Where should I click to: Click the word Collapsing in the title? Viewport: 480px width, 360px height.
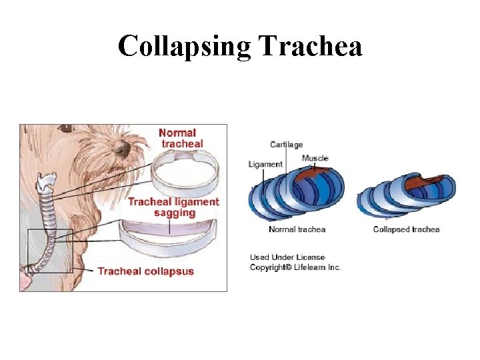pyautogui.click(x=185, y=47)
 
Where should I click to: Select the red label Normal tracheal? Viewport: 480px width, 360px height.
pyautogui.click(x=181, y=138)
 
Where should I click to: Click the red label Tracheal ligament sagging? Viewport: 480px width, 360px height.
pyautogui.click(x=173, y=207)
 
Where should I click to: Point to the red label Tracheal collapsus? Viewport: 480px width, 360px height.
pyautogui.click(x=146, y=271)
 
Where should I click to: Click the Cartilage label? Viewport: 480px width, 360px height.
pyautogui.click(x=286, y=145)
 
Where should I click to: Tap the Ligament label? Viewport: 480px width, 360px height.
pyautogui.click(x=265, y=164)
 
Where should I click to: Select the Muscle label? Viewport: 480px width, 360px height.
pyautogui.click(x=315, y=158)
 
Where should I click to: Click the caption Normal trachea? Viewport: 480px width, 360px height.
pyautogui.click(x=297, y=229)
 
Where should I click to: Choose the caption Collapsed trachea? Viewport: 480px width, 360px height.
pyautogui.click(x=406, y=229)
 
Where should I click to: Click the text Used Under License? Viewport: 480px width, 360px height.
pyautogui.click(x=287, y=257)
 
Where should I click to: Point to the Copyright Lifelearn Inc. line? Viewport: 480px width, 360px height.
pyautogui.click(x=295, y=267)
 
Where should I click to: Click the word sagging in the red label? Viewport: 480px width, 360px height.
pyautogui.click(x=175, y=213)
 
